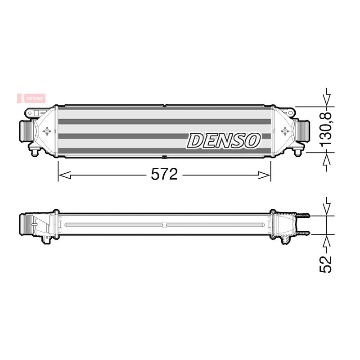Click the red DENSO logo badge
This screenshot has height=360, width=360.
31,98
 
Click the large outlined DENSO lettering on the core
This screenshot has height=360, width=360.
224,140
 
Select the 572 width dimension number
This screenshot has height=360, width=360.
164,174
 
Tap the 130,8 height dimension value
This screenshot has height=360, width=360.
325,129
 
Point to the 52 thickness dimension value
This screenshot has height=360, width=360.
326,264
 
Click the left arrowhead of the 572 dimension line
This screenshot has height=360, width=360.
65,175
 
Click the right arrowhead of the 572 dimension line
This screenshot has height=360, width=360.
265,175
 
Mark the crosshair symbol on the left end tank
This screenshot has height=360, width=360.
47,131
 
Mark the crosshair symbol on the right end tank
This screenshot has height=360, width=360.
285,131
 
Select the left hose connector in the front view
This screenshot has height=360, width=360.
25,131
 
